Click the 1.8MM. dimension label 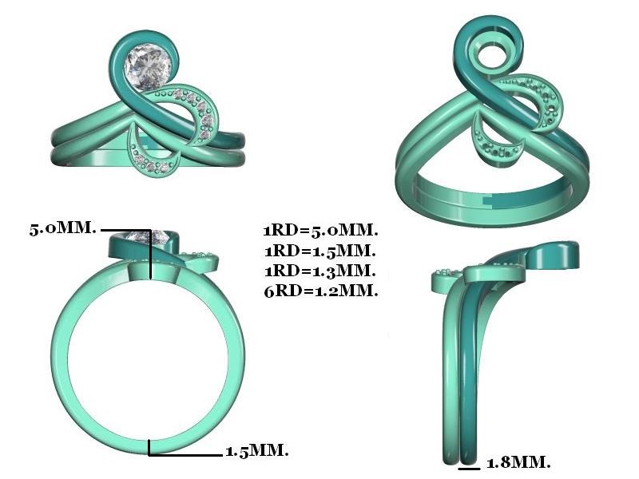pos(518,462)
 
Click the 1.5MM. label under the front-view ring pos(257,450)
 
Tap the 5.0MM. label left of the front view pos(63,228)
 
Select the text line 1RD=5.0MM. pos(321,231)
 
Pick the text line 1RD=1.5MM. pos(320,251)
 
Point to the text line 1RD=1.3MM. pos(320,271)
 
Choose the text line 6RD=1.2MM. pos(321,291)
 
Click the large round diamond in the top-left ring pos(148,67)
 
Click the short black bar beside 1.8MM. pos(469,469)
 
